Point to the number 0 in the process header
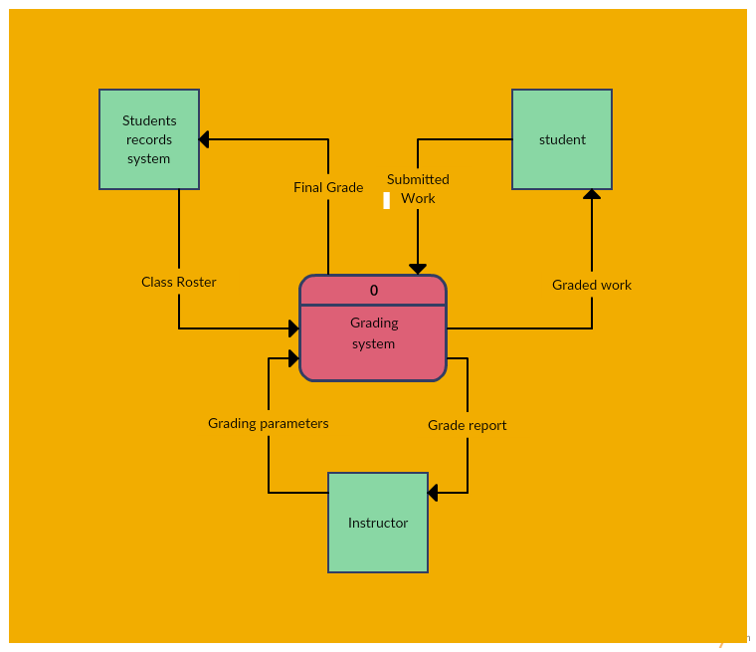pyautogui.click(x=374, y=291)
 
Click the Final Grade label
pyautogui.click(x=328, y=187)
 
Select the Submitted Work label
pyautogui.click(x=418, y=188)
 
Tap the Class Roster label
pyautogui.click(x=179, y=282)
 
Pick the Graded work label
pyautogui.click(x=592, y=285)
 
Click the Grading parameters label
pyautogui.click(x=269, y=423)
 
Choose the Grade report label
pyautogui.click(x=468, y=425)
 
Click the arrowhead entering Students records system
pyautogui.click(x=204, y=139)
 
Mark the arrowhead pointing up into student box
pyautogui.click(x=592, y=194)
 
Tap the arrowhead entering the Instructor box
pyautogui.click(x=433, y=493)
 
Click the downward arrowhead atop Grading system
pyautogui.click(x=418, y=269)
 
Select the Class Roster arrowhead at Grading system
pyautogui.click(x=293, y=328)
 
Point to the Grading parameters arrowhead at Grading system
pyautogui.click(x=293, y=358)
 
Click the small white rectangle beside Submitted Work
pyautogui.click(x=387, y=200)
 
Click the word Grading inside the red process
pyautogui.click(x=374, y=323)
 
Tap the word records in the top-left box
pyautogui.click(x=149, y=139)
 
